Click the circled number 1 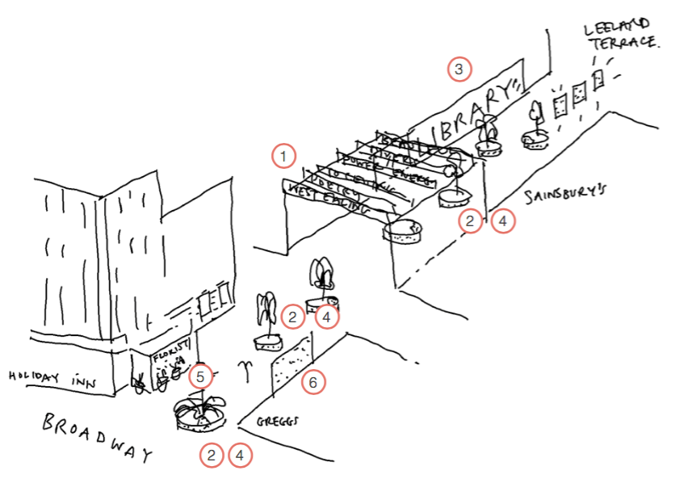[x=283, y=154]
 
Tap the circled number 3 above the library [x=459, y=69]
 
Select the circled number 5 [x=201, y=376]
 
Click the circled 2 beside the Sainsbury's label [x=470, y=221]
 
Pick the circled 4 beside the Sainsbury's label [x=502, y=221]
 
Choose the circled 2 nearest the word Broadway [x=212, y=456]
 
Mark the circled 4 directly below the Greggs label [x=240, y=456]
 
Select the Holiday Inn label [x=48, y=377]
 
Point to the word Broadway [x=97, y=436]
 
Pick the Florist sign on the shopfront [x=171, y=352]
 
